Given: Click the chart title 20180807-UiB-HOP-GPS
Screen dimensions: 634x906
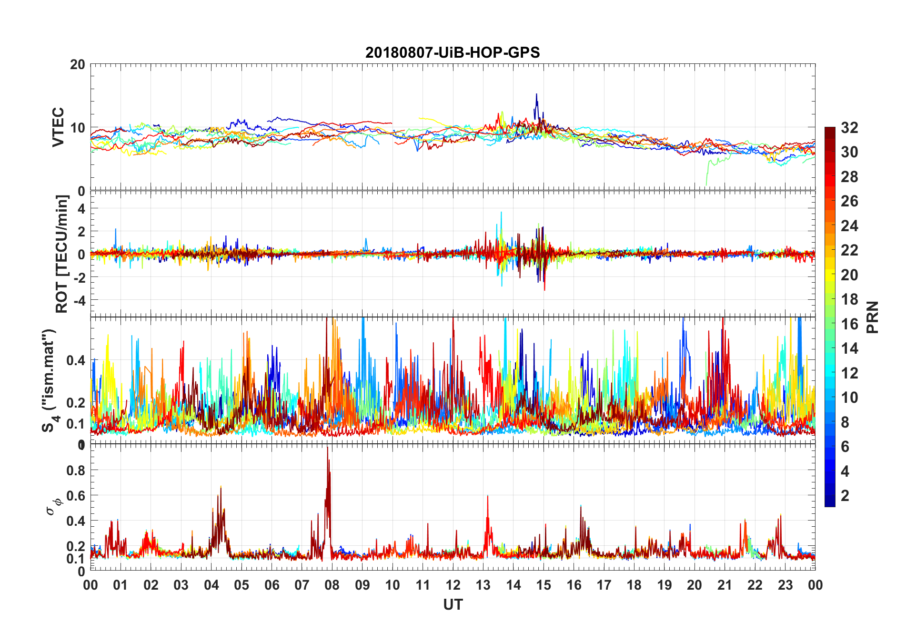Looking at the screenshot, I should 453,52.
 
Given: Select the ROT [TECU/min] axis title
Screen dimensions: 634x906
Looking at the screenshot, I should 62,254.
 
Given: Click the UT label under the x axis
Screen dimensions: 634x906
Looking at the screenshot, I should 453,604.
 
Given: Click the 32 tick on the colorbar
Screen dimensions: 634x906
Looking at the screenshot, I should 849,128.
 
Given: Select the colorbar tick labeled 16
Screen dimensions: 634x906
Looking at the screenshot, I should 849,324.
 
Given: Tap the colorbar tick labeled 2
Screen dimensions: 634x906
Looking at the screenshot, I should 845,496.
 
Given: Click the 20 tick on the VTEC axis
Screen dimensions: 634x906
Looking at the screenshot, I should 78,65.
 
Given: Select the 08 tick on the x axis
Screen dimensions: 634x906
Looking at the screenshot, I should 332,585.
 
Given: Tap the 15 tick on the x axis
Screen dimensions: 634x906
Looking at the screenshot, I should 544,585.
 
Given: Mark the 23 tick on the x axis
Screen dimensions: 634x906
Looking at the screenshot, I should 785,585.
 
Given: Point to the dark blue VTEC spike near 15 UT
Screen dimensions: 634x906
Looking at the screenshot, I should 536,95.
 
